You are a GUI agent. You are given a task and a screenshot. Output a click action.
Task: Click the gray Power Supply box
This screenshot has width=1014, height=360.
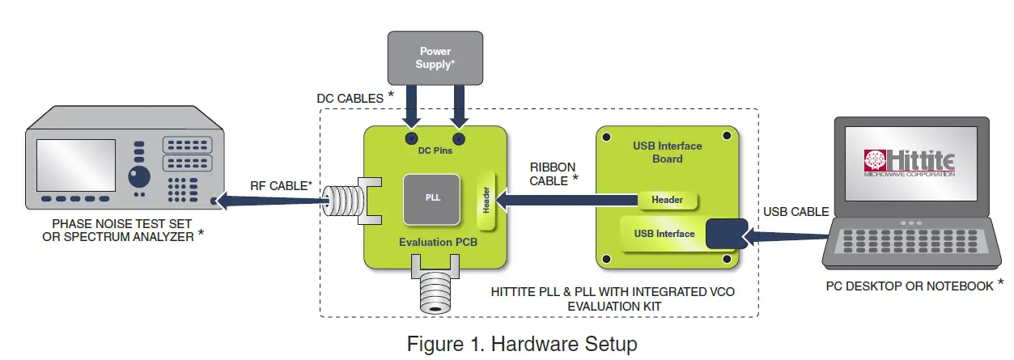tap(435, 57)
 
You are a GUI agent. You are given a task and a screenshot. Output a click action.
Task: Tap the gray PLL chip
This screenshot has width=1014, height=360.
tap(433, 197)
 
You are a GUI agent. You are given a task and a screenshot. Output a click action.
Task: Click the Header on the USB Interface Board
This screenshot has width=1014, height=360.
tap(667, 200)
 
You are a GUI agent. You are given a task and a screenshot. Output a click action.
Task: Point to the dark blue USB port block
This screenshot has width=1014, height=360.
tap(726, 234)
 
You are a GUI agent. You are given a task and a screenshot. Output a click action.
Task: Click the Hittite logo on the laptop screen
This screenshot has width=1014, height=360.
tap(910, 162)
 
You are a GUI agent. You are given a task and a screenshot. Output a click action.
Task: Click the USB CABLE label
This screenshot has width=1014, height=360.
tap(796, 212)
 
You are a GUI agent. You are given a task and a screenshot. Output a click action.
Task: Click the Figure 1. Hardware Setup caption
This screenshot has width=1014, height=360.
tap(522, 344)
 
